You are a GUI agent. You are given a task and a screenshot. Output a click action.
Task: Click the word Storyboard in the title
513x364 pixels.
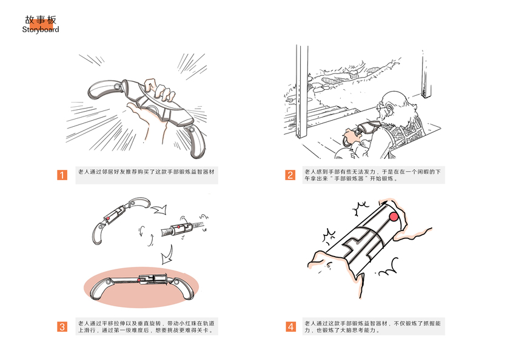pyautogui.click(x=41, y=30)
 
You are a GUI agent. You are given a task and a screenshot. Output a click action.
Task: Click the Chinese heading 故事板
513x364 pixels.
pyautogui.click(x=41, y=20)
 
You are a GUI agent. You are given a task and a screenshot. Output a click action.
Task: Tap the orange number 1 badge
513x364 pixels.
pyautogui.click(x=62, y=175)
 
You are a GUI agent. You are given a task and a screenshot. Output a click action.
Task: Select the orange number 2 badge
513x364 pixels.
pyautogui.click(x=290, y=175)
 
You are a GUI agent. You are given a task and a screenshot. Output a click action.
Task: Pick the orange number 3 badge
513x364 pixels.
pyautogui.click(x=62, y=326)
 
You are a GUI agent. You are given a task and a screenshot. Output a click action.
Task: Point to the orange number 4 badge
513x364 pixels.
pyautogui.click(x=290, y=326)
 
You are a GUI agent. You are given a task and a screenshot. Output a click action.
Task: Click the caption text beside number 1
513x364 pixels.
pyautogui.click(x=146, y=172)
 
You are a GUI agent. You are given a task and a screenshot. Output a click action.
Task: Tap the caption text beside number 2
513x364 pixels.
pyautogui.click(x=373, y=175)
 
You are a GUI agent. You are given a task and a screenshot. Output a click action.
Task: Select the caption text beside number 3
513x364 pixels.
pyautogui.click(x=146, y=326)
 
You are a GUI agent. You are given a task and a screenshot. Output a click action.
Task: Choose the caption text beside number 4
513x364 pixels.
pyautogui.click(x=373, y=326)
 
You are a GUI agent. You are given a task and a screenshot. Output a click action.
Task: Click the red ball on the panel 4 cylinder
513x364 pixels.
pyautogui.click(x=394, y=217)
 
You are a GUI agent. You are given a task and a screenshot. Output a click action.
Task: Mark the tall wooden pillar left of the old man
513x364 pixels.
pyautogui.click(x=302, y=92)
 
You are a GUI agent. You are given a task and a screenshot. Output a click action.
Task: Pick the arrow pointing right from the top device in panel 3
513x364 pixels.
pyautogui.click(x=159, y=209)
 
